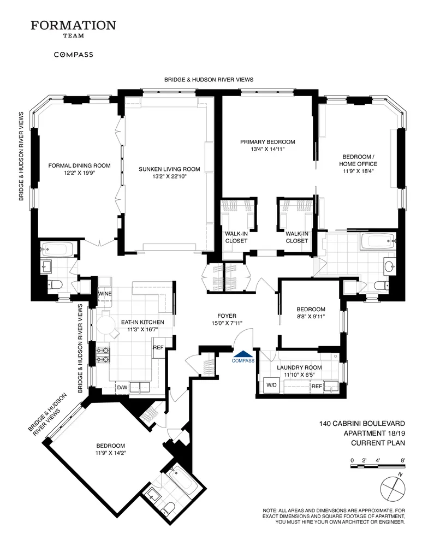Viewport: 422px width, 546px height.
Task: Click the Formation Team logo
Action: (x=73, y=29)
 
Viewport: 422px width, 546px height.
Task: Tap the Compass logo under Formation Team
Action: (x=73, y=55)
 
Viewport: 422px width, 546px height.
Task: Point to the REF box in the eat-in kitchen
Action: (x=158, y=348)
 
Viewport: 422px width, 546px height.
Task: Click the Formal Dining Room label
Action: (x=80, y=169)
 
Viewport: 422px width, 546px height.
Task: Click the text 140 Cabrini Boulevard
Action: (x=361, y=423)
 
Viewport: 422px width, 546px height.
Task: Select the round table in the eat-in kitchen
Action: (x=104, y=326)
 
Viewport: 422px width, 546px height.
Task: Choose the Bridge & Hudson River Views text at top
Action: (x=209, y=80)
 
